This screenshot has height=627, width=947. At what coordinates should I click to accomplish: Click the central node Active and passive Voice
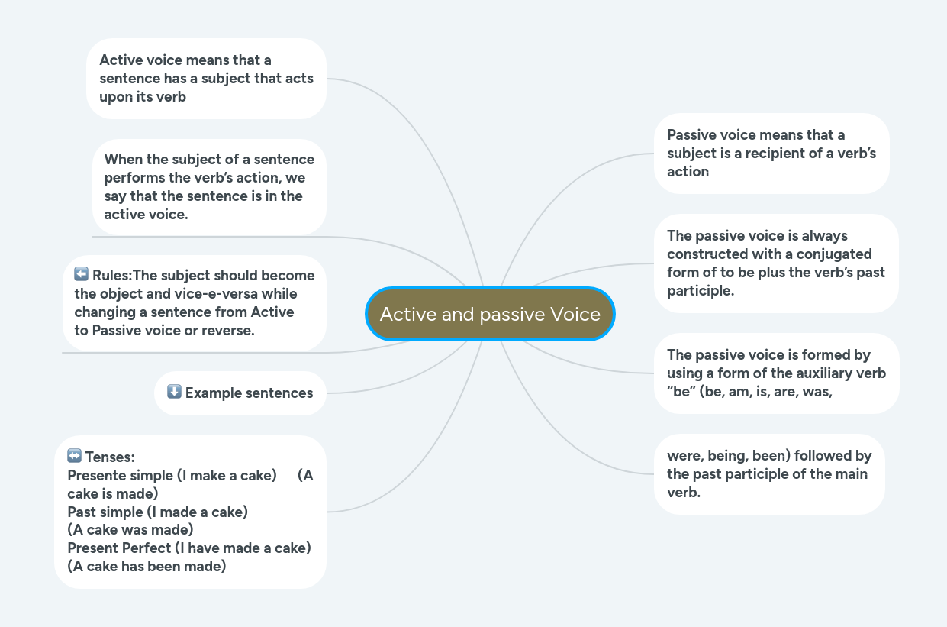pos(490,314)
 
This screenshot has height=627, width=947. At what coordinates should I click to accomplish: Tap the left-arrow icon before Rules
pos(81,273)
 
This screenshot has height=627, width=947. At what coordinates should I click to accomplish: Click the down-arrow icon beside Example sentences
pos(174,391)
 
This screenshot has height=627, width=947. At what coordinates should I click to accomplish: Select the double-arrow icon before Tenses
pos(75,456)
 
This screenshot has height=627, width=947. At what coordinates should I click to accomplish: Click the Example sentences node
pos(240,393)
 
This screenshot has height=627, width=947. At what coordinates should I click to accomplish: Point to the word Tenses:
pos(110,457)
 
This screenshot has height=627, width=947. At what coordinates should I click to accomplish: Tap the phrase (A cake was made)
pos(130,530)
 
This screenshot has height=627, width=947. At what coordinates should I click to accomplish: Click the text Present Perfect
pos(119,548)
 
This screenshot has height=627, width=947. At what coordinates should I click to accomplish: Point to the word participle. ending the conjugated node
pos(701,291)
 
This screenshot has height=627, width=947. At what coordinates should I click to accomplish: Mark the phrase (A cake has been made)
pos(147,567)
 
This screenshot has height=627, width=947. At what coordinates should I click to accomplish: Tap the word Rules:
pos(112,276)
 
